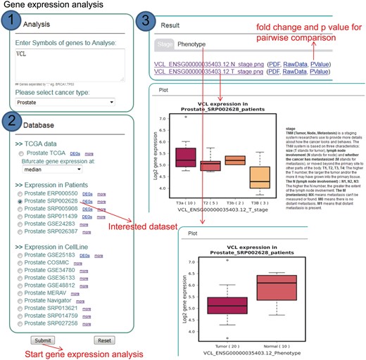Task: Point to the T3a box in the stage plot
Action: point(186,157)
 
